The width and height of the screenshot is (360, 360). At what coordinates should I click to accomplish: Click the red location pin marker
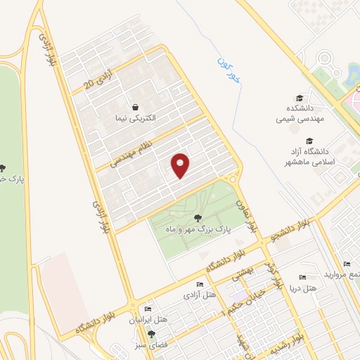tap(181, 165)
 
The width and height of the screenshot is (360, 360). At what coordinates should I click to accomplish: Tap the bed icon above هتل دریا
tap(303, 277)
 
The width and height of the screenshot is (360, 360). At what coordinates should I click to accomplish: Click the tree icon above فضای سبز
tap(150, 333)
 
